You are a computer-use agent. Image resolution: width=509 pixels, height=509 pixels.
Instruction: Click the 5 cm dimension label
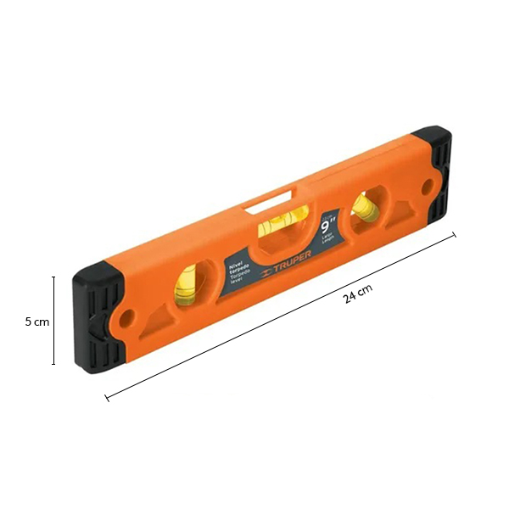point(36,322)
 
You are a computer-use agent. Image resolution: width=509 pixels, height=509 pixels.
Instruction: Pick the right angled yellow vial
point(367,206)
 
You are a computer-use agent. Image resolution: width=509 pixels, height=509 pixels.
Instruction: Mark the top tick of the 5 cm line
point(54,277)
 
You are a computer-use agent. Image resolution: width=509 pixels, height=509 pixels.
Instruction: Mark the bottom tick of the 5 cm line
point(54,364)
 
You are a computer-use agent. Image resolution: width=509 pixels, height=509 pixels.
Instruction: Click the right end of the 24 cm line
point(455,236)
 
